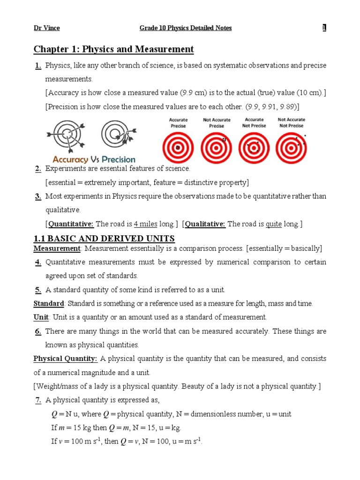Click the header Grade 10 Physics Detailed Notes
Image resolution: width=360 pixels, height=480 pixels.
point(186,28)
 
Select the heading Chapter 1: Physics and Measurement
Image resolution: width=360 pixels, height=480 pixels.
point(113,49)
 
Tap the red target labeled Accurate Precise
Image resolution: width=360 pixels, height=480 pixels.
point(178,147)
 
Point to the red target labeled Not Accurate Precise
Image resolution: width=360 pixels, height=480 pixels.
point(216,147)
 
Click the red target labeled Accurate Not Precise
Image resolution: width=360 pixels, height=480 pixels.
point(255,147)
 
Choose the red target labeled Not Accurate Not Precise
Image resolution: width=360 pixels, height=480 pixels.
point(292,147)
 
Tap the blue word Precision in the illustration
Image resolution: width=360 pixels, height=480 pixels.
point(115,159)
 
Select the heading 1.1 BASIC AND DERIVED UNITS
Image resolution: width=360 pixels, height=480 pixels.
point(104,239)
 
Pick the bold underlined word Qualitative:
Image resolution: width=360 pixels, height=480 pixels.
point(205,224)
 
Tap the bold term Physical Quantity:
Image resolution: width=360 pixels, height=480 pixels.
point(65,359)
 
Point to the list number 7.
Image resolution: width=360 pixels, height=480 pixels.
point(38,400)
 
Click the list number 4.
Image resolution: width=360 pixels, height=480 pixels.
point(38,262)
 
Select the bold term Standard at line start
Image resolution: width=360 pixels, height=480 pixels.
point(48,303)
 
